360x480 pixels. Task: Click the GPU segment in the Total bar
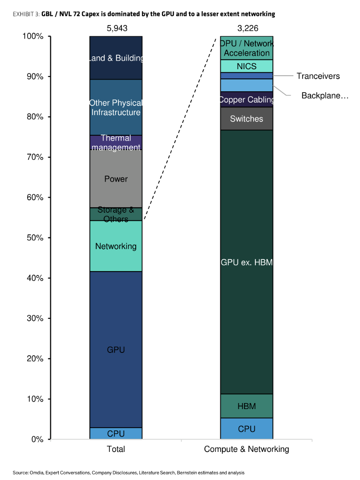pyautogui.click(x=116, y=349)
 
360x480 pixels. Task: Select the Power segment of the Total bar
pyautogui.click(x=116, y=179)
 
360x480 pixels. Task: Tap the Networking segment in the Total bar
pyautogui.click(x=116, y=246)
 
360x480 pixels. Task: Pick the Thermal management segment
pyautogui.click(x=116, y=143)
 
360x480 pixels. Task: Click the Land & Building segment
pyautogui.click(x=116, y=58)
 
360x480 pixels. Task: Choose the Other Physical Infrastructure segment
pyautogui.click(x=116, y=108)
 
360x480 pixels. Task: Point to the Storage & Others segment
pyautogui.click(x=116, y=214)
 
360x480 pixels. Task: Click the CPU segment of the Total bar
pyautogui.click(x=116, y=433)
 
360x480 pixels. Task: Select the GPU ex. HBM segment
pyautogui.click(x=246, y=262)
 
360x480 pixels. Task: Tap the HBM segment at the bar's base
pyautogui.click(x=246, y=406)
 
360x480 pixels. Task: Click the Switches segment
pyautogui.click(x=246, y=118)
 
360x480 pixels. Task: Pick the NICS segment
pyautogui.click(x=246, y=66)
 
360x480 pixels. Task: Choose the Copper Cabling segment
pyautogui.click(x=246, y=99)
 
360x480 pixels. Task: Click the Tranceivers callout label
pyautogui.click(x=318, y=76)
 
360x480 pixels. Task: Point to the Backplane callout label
pyautogui.click(x=325, y=96)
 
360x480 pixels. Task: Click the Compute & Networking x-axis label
pyautogui.click(x=246, y=449)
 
